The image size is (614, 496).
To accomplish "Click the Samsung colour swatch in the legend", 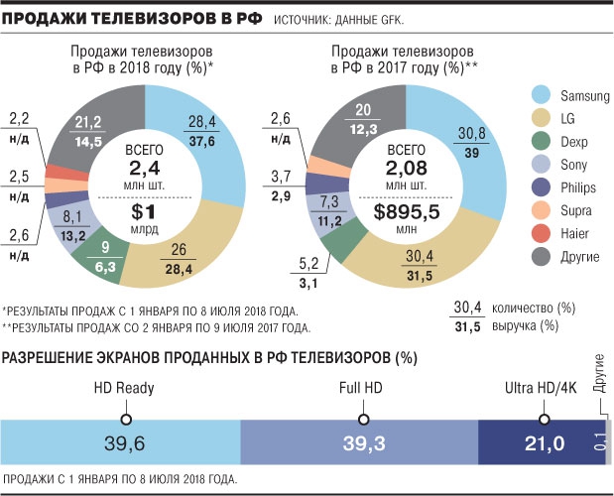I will (543, 95).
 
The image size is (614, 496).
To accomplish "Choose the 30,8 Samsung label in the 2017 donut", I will (471, 134).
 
